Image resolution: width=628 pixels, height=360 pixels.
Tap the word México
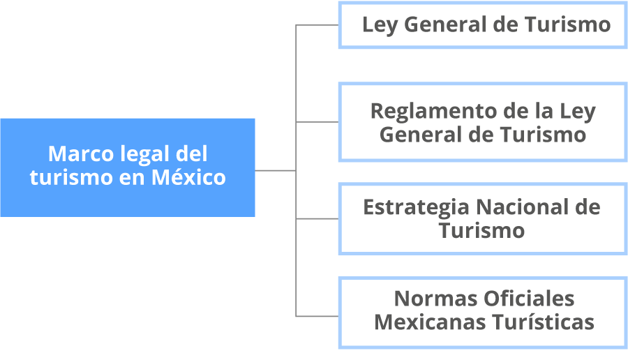pos(188,177)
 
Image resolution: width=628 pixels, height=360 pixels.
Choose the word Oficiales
pos(529,299)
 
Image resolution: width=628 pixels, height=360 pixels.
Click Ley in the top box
pos(380,26)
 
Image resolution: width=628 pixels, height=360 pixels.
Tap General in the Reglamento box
pos(420,134)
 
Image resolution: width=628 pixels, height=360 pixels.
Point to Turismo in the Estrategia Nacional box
pos(481,231)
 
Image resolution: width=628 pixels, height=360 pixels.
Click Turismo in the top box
pos(568,24)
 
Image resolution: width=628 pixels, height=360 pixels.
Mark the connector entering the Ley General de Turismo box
pos(317,25)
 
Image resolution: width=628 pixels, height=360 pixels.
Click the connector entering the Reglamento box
pos(317,121)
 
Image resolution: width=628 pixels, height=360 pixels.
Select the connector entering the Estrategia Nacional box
pos(317,218)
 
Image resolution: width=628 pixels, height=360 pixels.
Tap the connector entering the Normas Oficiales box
pos(317,316)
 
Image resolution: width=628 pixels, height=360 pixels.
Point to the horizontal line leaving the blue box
pos(275,171)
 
